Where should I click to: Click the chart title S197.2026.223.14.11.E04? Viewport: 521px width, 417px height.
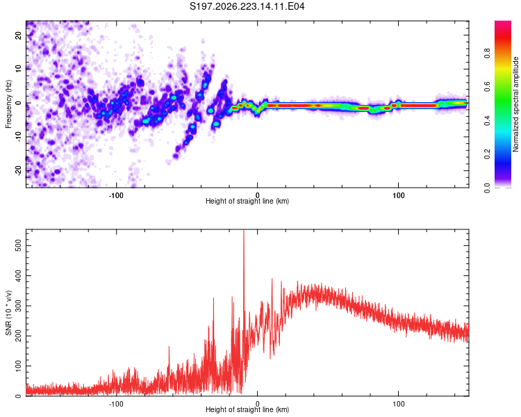pyautogui.click(x=247, y=6)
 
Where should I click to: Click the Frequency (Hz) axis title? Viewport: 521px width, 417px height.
pyautogui.click(x=8, y=104)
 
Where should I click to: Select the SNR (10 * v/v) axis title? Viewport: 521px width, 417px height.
pyautogui.click(x=8, y=313)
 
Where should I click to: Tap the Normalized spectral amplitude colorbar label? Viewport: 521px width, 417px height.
pyautogui.click(x=515, y=104)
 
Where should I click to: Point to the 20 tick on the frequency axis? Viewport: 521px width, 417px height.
pyautogui.click(x=19, y=35)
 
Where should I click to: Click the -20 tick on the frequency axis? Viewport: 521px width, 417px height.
pyautogui.click(x=19, y=170)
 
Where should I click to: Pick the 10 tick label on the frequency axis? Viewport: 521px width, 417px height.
pyautogui.click(x=19, y=69)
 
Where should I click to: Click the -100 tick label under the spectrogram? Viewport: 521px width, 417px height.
pyautogui.click(x=115, y=195)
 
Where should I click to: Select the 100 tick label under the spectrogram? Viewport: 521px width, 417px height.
pyautogui.click(x=399, y=195)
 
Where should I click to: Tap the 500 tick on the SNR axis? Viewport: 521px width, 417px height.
pyautogui.click(x=19, y=246)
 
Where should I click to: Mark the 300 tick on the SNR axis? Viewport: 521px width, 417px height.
pyautogui.click(x=19, y=306)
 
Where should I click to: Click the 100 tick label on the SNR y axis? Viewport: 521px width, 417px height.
pyautogui.click(x=19, y=366)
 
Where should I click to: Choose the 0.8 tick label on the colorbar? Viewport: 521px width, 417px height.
pyautogui.click(x=487, y=54)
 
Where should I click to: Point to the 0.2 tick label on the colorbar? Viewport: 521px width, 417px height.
pyautogui.click(x=487, y=154)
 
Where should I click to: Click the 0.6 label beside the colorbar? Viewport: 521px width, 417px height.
pyautogui.click(x=487, y=87)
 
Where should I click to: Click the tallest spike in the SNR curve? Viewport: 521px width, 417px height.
pyautogui.click(x=244, y=231)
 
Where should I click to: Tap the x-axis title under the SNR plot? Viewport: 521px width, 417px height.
pyautogui.click(x=247, y=409)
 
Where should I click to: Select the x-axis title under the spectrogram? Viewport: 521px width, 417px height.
pyautogui.click(x=247, y=201)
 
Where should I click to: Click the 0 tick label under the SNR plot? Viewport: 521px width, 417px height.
pyautogui.click(x=258, y=404)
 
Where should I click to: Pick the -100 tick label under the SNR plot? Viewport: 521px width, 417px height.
pyautogui.click(x=115, y=404)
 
